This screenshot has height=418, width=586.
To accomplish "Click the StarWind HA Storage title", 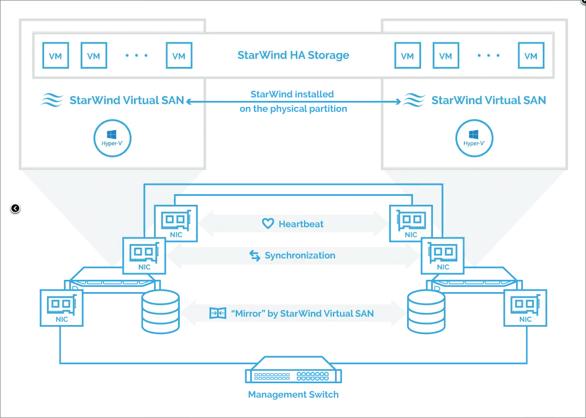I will (x=293, y=55).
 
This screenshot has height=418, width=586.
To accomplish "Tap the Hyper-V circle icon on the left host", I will (x=112, y=138).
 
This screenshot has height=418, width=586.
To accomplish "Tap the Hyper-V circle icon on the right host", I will (x=474, y=138).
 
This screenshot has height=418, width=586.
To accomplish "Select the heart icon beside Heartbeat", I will (x=268, y=223).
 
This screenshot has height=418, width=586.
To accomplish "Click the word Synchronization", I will (x=300, y=255).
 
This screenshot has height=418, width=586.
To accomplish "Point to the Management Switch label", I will (x=293, y=394).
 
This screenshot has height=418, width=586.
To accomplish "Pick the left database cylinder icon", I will (x=160, y=312).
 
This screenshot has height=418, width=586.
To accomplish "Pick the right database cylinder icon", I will (x=426, y=312).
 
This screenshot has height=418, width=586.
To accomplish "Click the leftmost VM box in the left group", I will (x=56, y=56).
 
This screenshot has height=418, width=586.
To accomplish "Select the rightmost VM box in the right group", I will (x=531, y=56).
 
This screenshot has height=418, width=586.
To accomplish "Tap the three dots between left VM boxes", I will (x=137, y=56).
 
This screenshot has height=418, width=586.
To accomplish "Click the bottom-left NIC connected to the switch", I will (x=61, y=308).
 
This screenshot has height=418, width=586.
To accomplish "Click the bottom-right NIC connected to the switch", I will (x=525, y=308).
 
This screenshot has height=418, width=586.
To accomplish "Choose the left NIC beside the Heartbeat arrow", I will (x=176, y=223).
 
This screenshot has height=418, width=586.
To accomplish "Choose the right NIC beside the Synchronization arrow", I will (x=443, y=256).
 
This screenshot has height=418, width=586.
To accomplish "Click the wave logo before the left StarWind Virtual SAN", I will (x=52, y=100).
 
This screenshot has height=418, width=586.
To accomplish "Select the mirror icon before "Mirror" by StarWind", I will (x=218, y=313).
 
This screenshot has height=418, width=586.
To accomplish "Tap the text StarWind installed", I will (x=292, y=94).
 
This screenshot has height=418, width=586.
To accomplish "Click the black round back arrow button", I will (x=15, y=208).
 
